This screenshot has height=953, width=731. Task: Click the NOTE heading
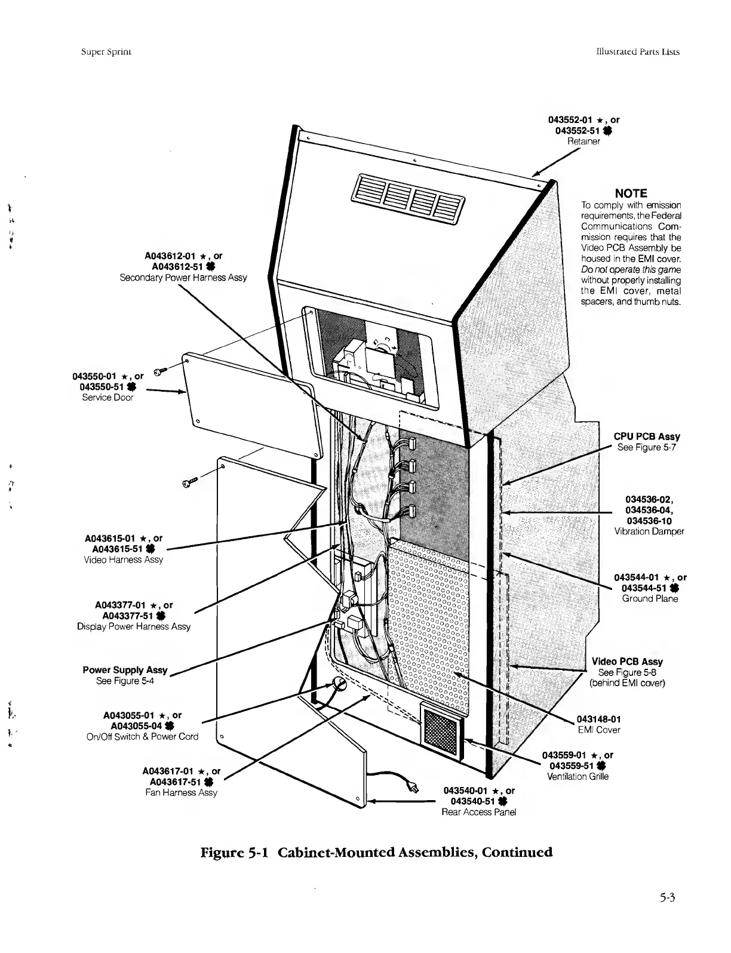631,193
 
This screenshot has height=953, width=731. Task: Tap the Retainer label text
583,142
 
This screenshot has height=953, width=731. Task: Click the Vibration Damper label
649,531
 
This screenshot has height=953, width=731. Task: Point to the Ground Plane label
650,599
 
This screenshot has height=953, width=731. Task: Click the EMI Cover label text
598,730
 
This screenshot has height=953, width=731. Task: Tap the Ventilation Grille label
578,777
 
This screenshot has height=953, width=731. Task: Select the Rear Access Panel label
478,812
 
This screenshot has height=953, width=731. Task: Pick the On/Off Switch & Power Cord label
142,737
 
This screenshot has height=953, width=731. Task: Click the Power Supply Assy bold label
125,670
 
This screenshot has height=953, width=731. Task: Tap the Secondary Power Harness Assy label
183,278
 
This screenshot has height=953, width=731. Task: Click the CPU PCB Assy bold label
648,436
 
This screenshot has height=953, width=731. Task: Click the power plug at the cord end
411,788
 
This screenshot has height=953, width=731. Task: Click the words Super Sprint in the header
106,51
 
